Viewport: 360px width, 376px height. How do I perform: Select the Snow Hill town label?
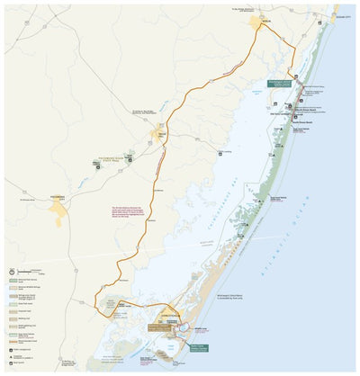point(161,134)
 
